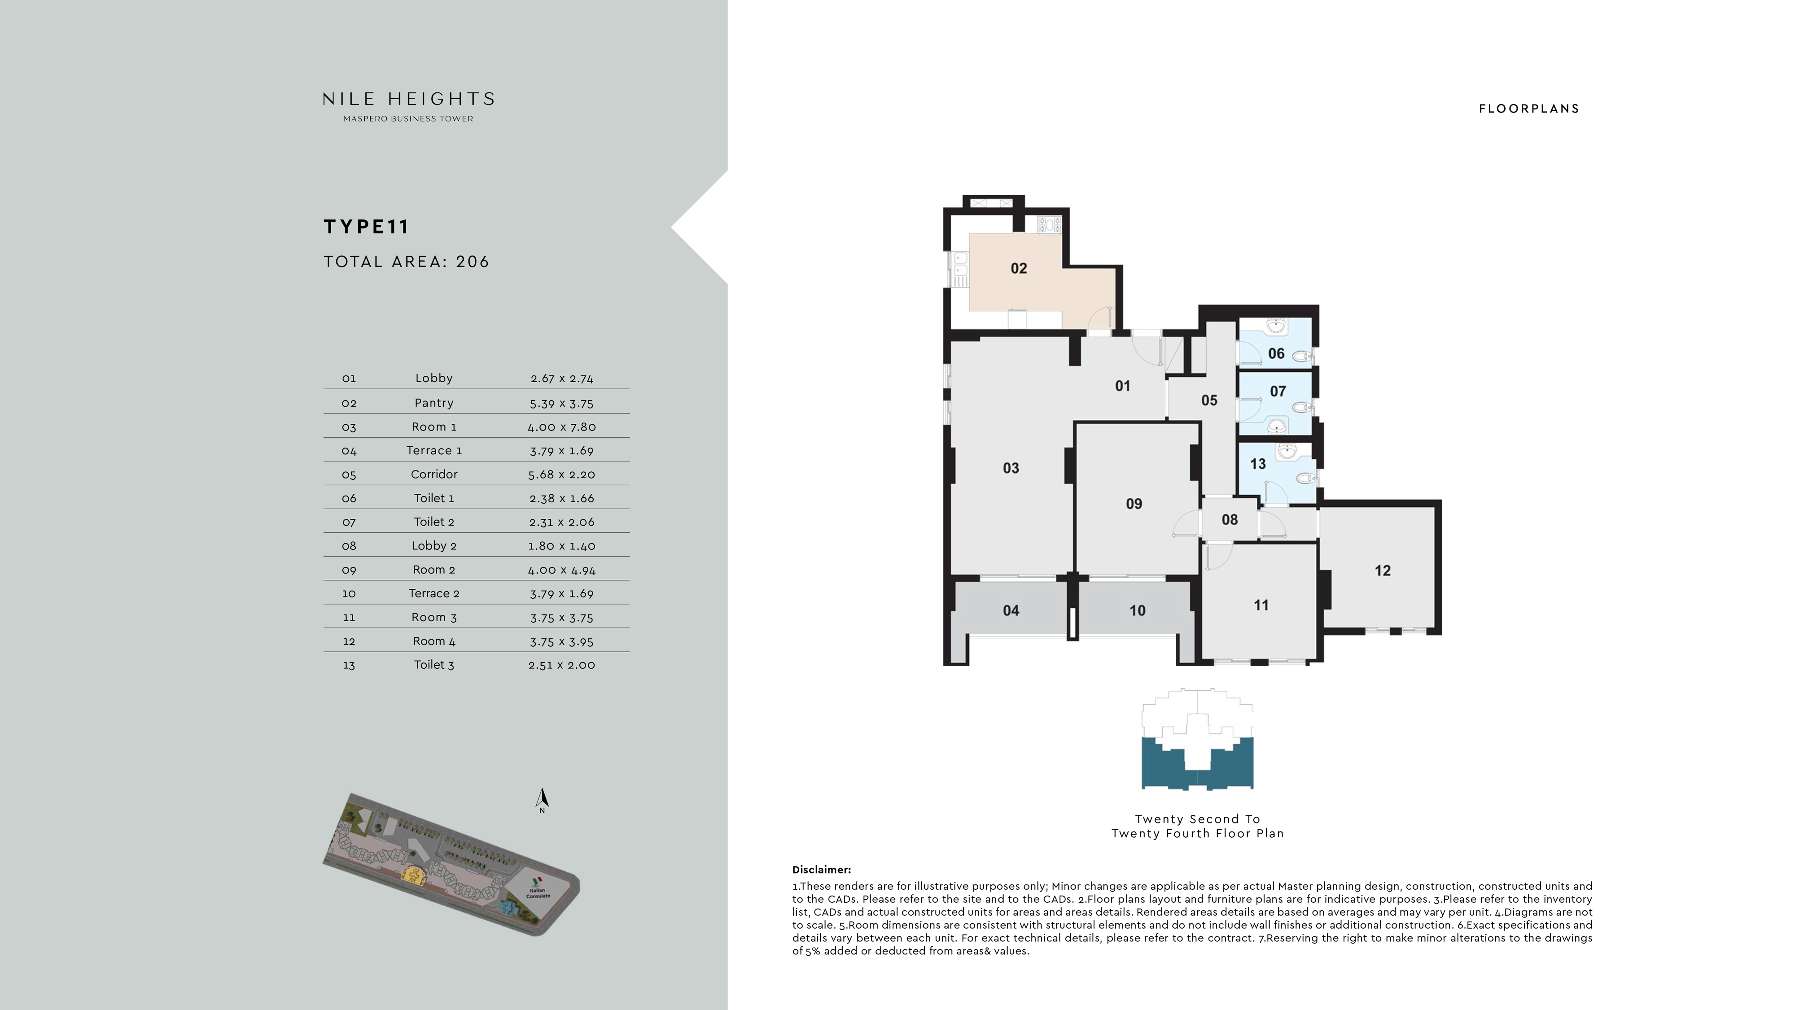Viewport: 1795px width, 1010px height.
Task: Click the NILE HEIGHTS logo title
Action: point(408,99)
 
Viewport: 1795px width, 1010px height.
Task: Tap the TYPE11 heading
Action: point(366,227)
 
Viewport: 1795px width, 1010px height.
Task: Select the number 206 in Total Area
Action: point(473,262)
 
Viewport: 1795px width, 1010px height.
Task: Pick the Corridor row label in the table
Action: point(434,475)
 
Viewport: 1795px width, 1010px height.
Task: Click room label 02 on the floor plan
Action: point(1018,269)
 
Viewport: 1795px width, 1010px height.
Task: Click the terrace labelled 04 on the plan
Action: point(1011,611)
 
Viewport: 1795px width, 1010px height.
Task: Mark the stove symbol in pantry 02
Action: point(1049,224)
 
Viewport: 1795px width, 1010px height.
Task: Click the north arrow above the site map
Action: point(542,798)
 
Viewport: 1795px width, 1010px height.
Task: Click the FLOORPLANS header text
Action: point(1529,109)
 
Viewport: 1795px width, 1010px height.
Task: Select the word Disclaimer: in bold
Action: point(821,870)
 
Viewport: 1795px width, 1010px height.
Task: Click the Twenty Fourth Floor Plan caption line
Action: point(1197,834)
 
